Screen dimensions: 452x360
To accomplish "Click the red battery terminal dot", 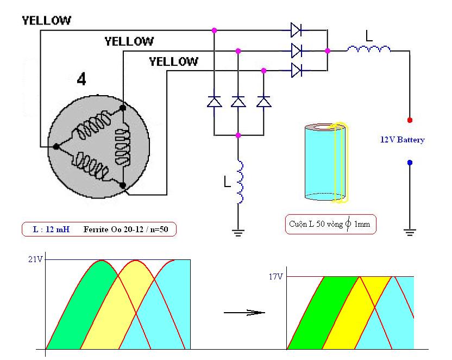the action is (x=410, y=120).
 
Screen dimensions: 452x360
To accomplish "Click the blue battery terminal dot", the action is (x=410, y=163).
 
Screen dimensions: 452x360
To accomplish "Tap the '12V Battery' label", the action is (x=403, y=140).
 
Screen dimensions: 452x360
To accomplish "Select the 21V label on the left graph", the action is (x=35, y=259).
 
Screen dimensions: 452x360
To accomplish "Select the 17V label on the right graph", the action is (x=276, y=277).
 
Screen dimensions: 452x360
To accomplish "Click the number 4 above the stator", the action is (x=81, y=79).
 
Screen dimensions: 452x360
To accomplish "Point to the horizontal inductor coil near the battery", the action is (x=369, y=49).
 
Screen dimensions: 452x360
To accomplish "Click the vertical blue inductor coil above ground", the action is (x=240, y=181).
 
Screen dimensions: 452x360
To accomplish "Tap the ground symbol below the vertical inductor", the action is (x=238, y=233).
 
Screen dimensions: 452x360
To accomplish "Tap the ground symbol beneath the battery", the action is (x=410, y=232).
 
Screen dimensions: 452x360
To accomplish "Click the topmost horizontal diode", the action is (x=296, y=30).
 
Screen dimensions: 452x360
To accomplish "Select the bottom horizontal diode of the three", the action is (x=296, y=70).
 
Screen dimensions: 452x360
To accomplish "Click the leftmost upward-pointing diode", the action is (x=214, y=102).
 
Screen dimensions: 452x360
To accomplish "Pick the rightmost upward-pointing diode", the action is (x=263, y=102).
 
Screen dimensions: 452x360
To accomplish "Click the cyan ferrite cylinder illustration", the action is (x=326, y=162).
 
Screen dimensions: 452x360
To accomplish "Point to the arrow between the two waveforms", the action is (x=244, y=312).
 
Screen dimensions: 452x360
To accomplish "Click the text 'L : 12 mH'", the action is (x=51, y=229).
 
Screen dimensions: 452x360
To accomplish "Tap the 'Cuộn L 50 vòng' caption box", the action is (x=331, y=224).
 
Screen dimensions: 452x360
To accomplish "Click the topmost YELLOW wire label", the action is (x=46, y=21).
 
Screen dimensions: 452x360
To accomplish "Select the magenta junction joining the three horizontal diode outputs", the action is (x=328, y=51).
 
